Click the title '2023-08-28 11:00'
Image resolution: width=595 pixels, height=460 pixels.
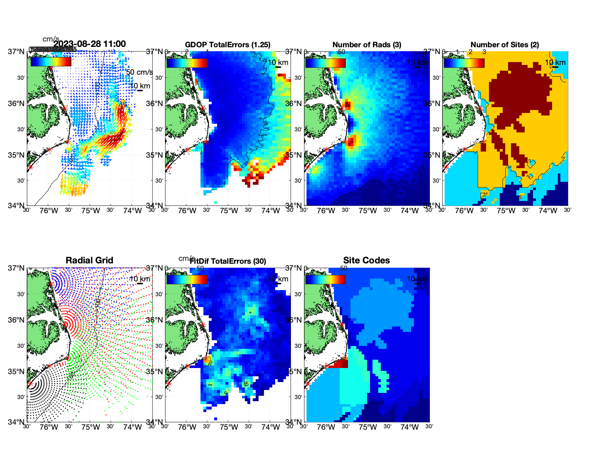tap(89, 44)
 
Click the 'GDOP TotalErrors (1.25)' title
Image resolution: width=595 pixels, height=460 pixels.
tap(228, 45)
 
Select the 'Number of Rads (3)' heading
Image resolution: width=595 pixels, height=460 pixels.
tap(367, 45)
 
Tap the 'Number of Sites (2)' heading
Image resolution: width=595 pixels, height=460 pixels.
tap(504, 45)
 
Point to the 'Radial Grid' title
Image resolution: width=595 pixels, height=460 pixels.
tap(89, 260)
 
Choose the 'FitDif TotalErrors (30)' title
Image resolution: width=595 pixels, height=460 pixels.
tap(228, 261)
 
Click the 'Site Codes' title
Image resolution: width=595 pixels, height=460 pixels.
tap(366, 260)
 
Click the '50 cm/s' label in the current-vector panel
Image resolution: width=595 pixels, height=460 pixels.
tap(139, 72)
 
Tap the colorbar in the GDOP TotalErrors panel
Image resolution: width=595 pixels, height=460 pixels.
tap(187, 63)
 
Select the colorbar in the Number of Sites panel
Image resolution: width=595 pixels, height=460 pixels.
tap(464, 63)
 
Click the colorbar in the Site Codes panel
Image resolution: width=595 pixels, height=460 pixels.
tap(325, 279)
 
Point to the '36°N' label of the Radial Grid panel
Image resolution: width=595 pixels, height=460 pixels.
tap(16, 320)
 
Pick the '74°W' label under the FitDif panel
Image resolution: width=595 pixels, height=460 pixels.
tap(270, 427)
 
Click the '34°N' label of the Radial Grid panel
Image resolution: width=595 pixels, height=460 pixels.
tap(16, 422)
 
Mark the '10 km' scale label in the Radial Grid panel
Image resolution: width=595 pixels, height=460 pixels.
tap(140, 279)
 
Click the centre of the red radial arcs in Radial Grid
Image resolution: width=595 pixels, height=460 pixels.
tap(66, 324)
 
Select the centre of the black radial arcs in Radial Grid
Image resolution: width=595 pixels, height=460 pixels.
tap(31, 384)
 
